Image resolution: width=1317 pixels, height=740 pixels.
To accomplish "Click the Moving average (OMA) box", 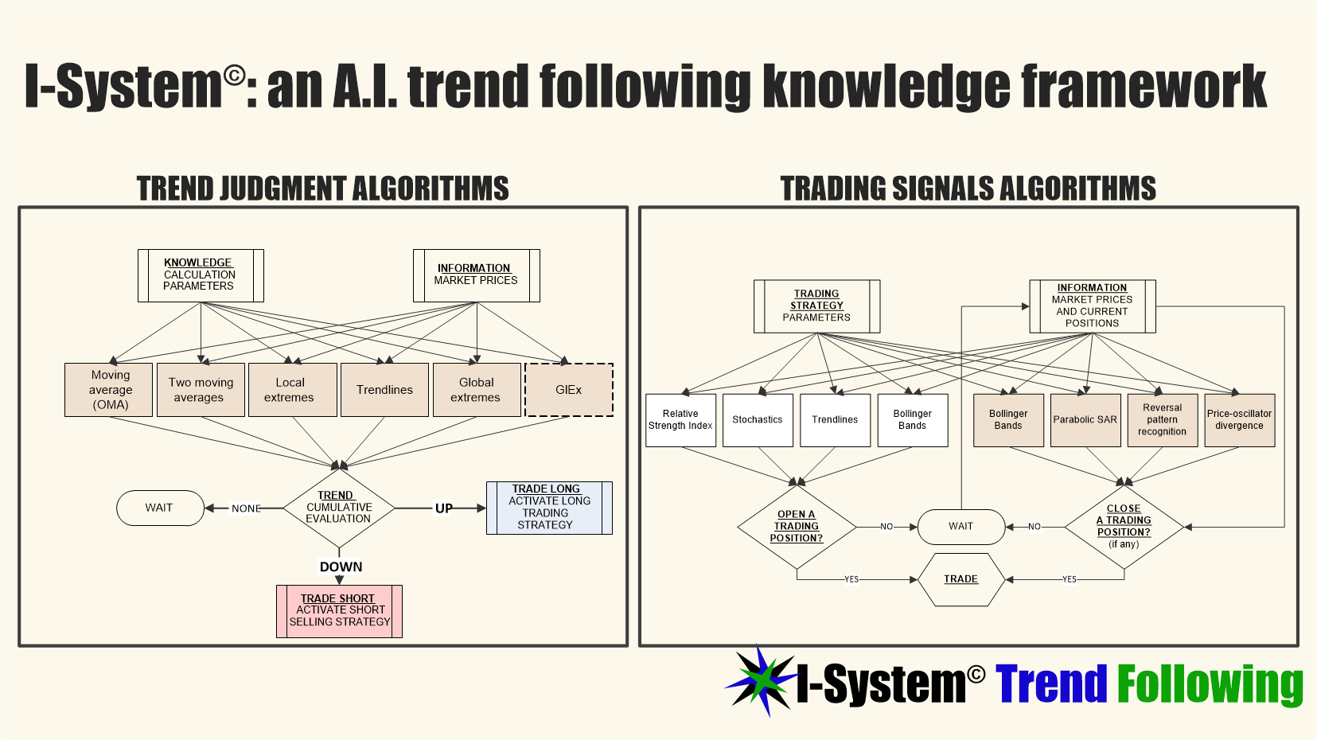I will click(109, 390).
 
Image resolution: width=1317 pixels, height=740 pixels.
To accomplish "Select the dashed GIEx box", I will click(569, 390).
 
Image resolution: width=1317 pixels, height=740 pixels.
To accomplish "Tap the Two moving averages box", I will click(201, 390).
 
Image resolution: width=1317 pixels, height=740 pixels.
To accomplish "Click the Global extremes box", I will click(477, 390).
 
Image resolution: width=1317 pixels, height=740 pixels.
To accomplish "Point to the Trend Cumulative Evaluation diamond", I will click(339, 508).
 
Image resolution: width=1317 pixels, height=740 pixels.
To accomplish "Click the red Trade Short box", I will click(339, 611).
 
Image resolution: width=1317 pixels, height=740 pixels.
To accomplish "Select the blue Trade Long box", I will click(549, 508).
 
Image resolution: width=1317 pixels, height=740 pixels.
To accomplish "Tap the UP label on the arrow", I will click(443, 508).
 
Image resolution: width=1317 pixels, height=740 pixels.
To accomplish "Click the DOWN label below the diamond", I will click(341, 567).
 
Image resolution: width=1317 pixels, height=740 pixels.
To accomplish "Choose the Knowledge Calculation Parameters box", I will click(201, 275).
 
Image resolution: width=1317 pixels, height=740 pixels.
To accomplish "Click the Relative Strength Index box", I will click(680, 420).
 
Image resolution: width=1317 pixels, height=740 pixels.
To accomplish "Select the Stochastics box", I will click(758, 420).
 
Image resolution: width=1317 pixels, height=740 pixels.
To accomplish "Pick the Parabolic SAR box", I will click(1085, 420).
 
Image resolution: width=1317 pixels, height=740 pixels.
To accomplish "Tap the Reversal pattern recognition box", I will click(1162, 420).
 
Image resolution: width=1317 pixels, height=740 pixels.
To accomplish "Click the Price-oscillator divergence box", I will click(1239, 420).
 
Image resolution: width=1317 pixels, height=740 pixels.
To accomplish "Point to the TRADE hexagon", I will click(961, 579).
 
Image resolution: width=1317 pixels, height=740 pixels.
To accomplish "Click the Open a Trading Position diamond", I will click(797, 527).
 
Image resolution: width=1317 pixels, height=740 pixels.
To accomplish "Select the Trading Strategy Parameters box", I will click(816, 306).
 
